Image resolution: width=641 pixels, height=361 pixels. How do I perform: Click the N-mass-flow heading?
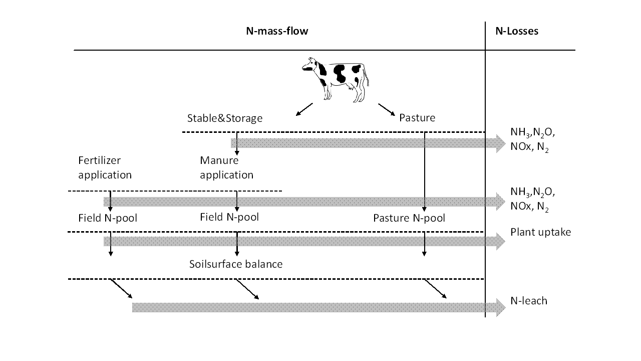277,31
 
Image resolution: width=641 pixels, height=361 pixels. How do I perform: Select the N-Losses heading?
517,31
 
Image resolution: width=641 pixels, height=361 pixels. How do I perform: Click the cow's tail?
367,76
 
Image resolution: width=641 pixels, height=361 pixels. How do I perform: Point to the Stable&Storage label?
225,118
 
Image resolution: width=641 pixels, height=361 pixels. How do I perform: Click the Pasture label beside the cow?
417,117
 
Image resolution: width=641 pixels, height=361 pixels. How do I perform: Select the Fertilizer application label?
105,167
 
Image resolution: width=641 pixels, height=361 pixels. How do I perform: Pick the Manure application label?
227,167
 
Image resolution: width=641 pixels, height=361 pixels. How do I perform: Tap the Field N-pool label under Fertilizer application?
108,218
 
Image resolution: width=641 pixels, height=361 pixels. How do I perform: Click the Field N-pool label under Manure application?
229,217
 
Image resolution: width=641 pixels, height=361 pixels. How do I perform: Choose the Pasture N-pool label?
409,218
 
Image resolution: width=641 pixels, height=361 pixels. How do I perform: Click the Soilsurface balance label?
236,264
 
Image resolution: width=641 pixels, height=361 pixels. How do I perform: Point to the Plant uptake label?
540,232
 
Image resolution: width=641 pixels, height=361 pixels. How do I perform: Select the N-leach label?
529,301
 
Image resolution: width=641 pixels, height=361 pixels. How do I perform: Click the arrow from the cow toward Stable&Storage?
304,109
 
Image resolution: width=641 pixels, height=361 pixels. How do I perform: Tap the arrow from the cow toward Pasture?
387,109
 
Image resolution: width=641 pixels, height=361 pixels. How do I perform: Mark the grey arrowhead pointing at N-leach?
500,307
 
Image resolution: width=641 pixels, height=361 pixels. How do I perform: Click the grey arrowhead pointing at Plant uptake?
500,242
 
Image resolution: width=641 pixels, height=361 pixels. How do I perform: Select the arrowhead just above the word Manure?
237,152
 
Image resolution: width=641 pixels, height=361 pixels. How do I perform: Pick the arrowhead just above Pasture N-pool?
424,209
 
